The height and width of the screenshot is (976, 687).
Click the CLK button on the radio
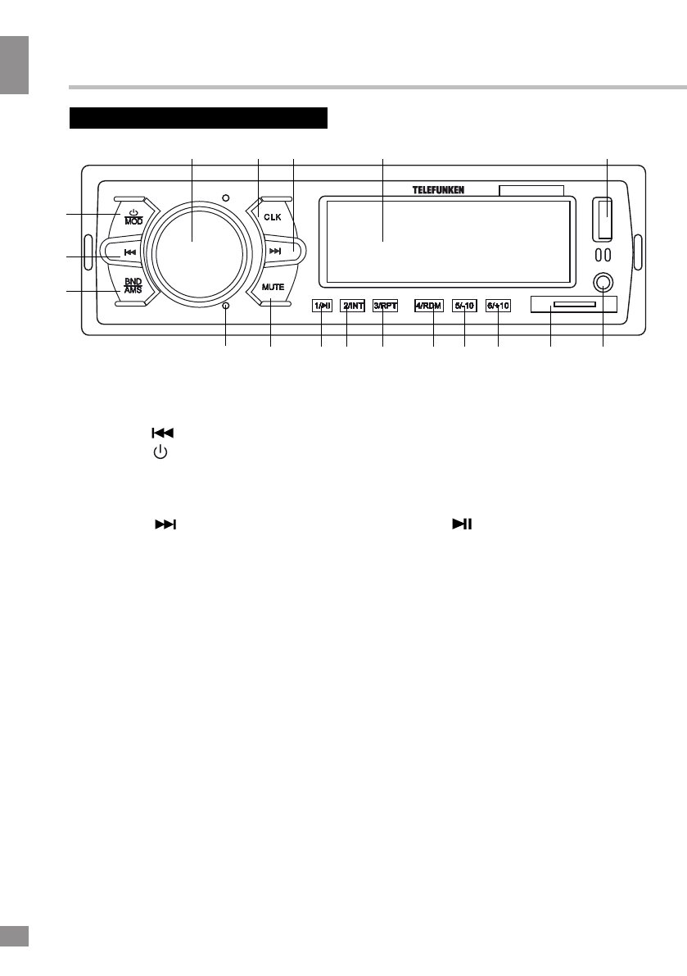pyautogui.click(x=271, y=216)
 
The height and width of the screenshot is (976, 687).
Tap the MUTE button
pyautogui.click(x=273, y=288)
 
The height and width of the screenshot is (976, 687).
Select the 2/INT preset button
pyautogui.click(x=352, y=306)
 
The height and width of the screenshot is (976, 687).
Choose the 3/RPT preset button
pyautogui.click(x=384, y=306)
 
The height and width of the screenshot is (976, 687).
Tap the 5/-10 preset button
pyautogui.click(x=464, y=306)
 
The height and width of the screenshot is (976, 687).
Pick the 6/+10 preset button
pyautogui.click(x=498, y=306)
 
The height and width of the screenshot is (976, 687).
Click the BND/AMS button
pyautogui.click(x=133, y=286)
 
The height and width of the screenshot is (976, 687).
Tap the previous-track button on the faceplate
pyautogui.click(x=129, y=252)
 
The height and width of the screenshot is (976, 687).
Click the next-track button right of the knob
pyautogui.click(x=276, y=252)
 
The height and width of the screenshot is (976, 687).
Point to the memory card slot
pyautogui.click(x=573, y=304)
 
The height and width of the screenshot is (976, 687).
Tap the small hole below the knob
pyautogui.click(x=225, y=306)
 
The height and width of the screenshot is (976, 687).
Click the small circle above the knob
pyautogui.click(x=225, y=197)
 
